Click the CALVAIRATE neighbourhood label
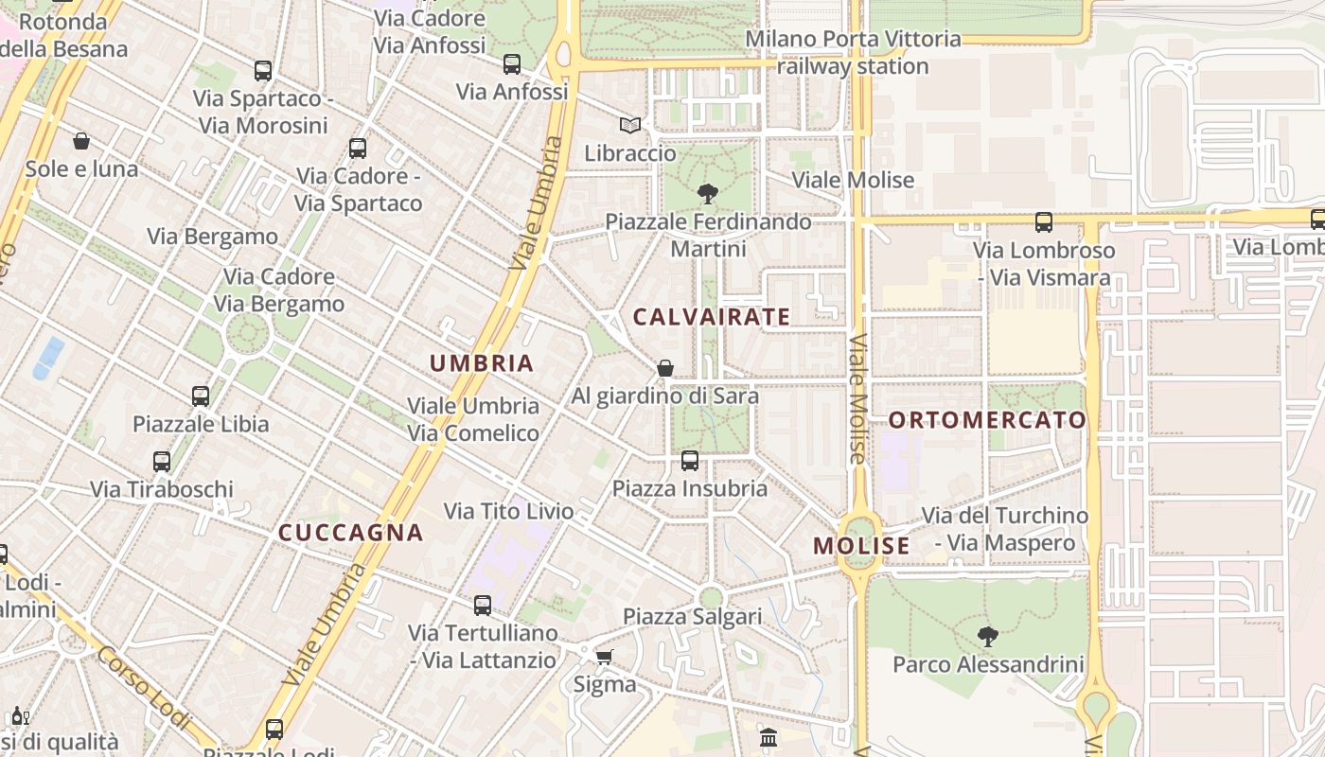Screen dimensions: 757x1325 point(711,317)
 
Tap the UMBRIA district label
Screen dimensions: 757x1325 point(482,363)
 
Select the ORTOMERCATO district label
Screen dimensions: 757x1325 point(987,420)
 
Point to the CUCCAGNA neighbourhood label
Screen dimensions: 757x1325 point(350,533)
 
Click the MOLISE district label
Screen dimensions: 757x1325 point(861,546)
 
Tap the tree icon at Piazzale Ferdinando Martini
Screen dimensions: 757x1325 point(707,194)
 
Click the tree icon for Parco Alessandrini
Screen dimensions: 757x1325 point(987,637)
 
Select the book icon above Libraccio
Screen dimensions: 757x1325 point(629,125)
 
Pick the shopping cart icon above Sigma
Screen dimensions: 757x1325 point(604,657)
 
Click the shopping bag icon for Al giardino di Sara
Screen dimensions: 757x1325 point(665,368)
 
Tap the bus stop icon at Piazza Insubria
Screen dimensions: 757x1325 point(690,461)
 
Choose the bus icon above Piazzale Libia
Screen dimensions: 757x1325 point(201,396)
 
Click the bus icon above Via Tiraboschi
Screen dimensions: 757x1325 point(162,462)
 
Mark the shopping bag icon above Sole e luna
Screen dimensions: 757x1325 point(81,141)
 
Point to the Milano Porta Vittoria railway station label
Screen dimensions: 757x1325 point(853,53)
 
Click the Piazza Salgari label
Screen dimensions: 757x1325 point(692,617)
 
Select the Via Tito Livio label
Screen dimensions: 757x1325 point(509,512)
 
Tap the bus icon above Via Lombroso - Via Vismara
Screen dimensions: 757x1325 point(1043,222)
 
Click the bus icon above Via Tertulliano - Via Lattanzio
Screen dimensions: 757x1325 point(483,606)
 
